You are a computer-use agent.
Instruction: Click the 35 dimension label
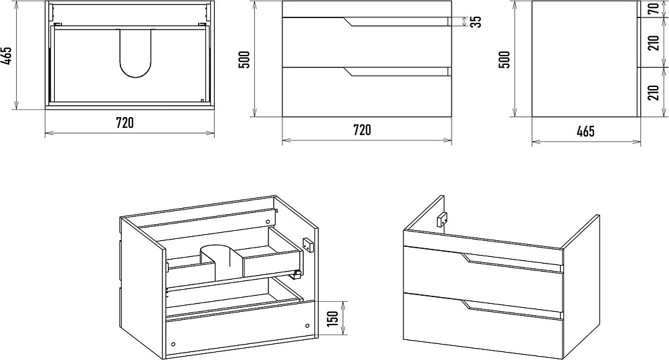tap(476, 21)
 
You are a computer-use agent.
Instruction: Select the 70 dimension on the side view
tap(654, 9)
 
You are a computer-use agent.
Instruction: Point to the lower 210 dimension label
tap(654, 92)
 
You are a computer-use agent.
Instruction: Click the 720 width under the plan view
tap(125, 122)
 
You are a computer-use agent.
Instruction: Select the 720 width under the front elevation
tap(362, 129)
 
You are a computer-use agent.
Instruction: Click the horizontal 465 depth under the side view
tap(585, 131)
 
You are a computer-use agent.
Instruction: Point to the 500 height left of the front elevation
tap(245, 60)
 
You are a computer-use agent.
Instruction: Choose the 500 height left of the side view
tap(505, 60)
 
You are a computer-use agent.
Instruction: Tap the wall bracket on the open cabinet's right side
tap(309, 246)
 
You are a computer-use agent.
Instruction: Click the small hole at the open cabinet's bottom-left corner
tap(173, 344)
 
